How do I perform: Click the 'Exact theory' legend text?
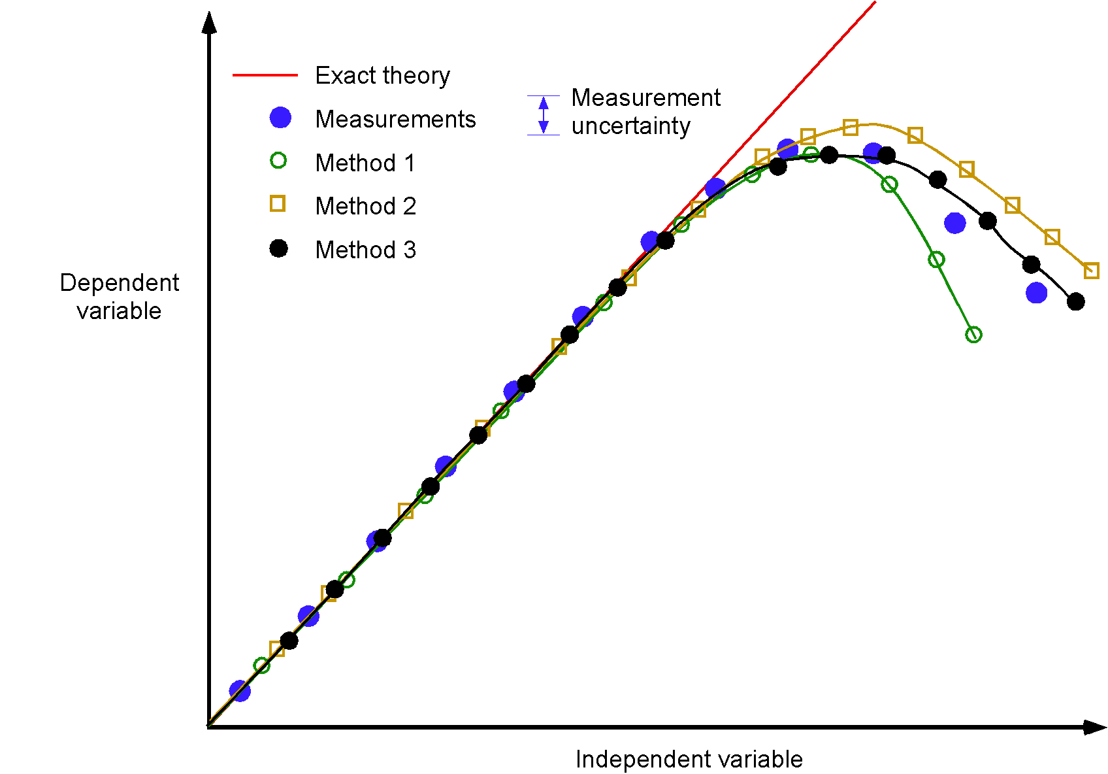[382, 76]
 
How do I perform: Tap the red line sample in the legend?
[265, 76]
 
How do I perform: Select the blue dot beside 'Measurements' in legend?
[280, 118]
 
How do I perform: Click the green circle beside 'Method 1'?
[278, 161]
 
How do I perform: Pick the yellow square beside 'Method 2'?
[278, 204]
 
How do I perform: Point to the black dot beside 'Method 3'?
[279, 248]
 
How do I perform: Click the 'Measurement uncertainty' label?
[645, 111]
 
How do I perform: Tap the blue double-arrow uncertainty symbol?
[544, 115]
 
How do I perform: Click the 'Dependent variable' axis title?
[119, 296]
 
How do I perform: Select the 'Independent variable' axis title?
[689, 760]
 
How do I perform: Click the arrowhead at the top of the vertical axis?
[209, 22]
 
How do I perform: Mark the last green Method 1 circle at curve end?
[973, 335]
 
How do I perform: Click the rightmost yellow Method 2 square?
[1091, 271]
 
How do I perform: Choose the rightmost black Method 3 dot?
[1076, 301]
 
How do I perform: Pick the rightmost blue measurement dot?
[1036, 293]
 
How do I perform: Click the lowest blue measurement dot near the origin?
[240, 690]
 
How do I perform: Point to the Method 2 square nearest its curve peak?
[851, 127]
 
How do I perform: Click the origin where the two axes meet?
[209, 726]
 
